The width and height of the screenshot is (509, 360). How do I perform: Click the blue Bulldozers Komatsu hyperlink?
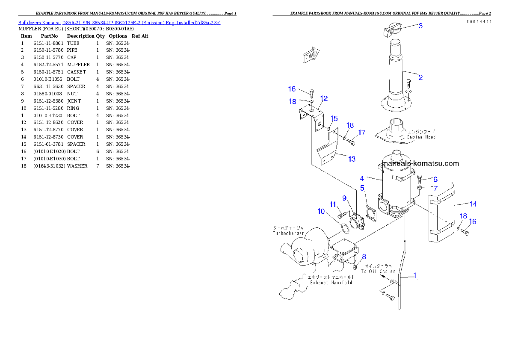[x=119, y=22]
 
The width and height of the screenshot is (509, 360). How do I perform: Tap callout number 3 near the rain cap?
[x=420, y=26]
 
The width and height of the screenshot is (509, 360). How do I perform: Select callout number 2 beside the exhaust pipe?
[x=420, y=77]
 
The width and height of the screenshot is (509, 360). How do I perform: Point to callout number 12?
[x=324, y=98]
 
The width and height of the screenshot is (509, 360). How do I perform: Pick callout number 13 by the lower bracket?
[x=352, y=159]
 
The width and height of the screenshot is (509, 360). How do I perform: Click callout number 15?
[x=334, y=118]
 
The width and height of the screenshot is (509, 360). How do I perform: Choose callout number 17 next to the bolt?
[x=362, y=133]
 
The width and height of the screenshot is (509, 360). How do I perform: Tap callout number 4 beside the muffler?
[x=362, y=178]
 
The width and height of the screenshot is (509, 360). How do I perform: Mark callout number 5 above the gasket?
[x=362, y=188]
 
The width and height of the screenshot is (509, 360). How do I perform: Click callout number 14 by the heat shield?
[x=473, y=204]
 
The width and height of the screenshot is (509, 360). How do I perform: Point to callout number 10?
[x=321, y=211]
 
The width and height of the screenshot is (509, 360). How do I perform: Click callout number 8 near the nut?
[x=364, y=257]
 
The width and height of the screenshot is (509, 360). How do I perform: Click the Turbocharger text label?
[x=288, y=233]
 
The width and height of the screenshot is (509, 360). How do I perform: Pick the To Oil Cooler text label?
[x=378, y=271]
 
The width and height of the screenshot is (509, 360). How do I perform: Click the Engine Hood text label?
[x=421, y=137]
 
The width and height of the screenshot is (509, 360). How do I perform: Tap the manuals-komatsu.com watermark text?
[x=420, y=163]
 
